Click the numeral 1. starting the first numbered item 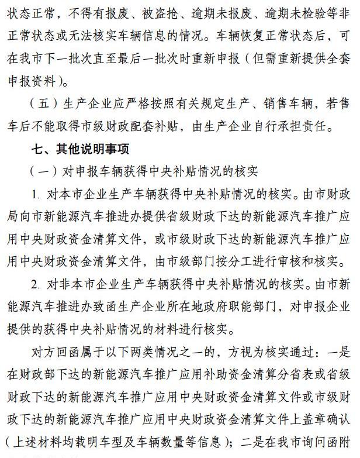36,194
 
